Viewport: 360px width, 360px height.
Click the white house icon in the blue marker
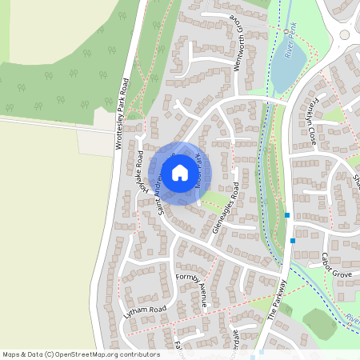pos(179,173)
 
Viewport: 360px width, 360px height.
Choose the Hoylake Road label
pos(140,171)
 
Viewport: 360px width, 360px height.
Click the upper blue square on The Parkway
pos(286,214)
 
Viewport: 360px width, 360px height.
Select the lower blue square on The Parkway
pos(294,240)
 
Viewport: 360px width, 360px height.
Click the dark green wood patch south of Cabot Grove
pos(318,322)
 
